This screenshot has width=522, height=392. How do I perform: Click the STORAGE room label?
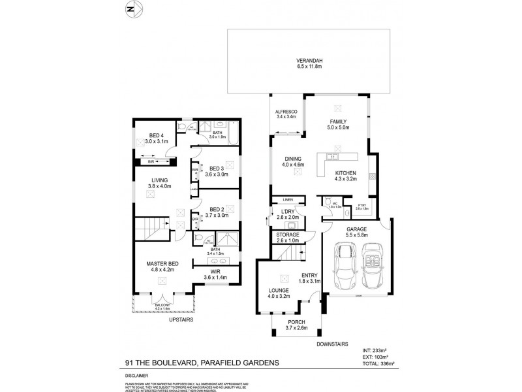tap(288, 234)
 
